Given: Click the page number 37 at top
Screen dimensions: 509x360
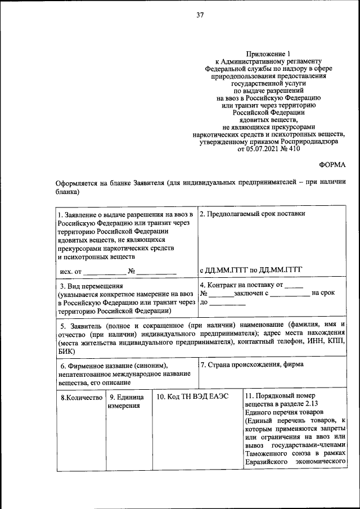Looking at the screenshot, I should point(199,15).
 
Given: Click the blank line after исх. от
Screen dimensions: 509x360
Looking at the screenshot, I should point(104,272).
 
